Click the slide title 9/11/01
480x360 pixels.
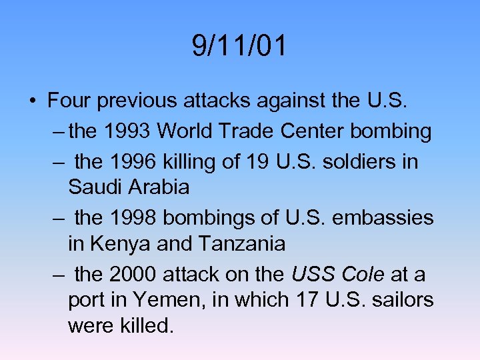[x=239, y=47]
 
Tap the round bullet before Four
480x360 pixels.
[x=32, y=101]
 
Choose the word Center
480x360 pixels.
[x=312, y=131]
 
